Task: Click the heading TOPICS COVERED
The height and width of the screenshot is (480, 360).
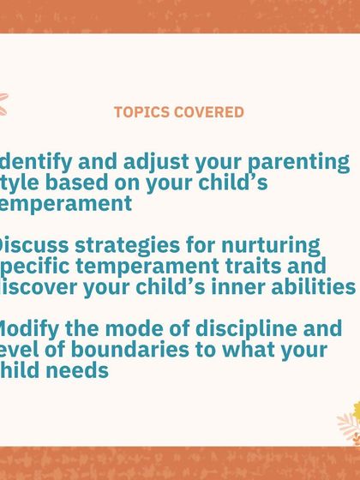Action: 178,112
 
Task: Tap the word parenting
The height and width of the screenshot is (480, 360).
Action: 300,161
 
